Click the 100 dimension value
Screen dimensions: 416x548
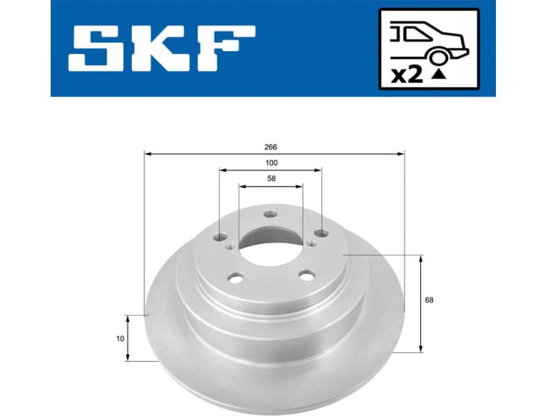(x=271, y=163)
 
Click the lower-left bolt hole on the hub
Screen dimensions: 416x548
(x=235, y=278)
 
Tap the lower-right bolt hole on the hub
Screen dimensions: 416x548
(x=307, y=275)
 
